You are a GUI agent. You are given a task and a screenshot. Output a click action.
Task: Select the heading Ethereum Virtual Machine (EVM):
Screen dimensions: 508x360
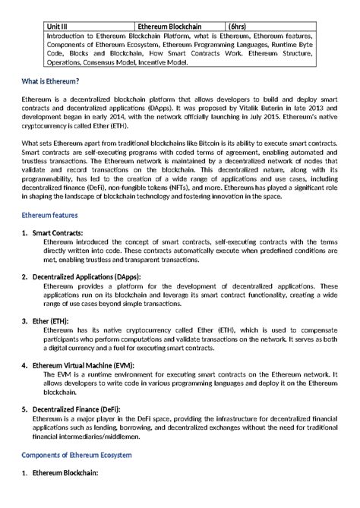tap(82, 366)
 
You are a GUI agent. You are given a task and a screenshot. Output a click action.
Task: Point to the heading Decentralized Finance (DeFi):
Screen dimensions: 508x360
tap(80, 410)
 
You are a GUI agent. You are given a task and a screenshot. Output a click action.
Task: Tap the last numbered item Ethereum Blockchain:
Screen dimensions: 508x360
tap(65, 472)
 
